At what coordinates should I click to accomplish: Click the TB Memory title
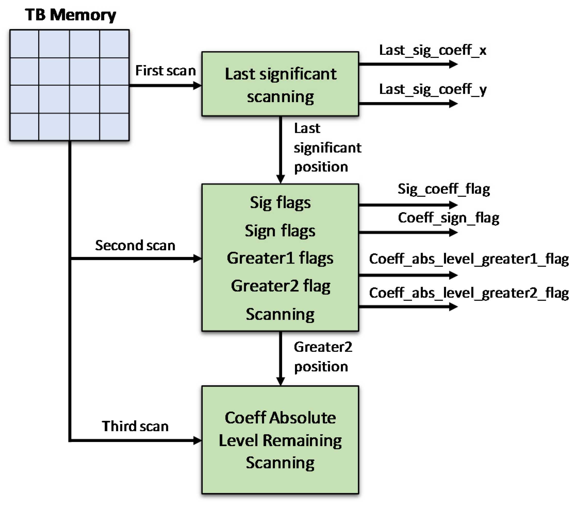pyautogui.click(x=70, y=15)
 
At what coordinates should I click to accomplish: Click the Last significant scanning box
pyautogui.click(x=280, y=84)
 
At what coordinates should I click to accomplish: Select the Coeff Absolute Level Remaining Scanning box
pyautogui.click(x=280, y=440)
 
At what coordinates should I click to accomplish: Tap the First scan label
pyautogui.click(x=165, y=71)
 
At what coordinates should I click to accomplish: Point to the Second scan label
pyautogui.click(x=135, y=245)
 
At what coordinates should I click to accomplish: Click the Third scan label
pyautogui.click(x=135, y=426)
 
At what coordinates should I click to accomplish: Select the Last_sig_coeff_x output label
pyautogui.click(x=432, y=50)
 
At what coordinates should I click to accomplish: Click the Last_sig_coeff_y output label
pyautogui.click(x=432, y=89)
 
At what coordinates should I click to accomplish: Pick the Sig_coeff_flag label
pyautogui.click(x=443, y=189)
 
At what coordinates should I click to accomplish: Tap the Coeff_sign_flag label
pyautogui.click(x=448, y=218)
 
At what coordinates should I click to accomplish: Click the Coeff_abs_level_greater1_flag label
pyautogui.click(x=469, y=259)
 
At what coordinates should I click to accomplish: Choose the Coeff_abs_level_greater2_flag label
pyautogui.click(x=469, y=293)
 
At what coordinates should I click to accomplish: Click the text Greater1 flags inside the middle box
pyautogui.click(x=280, y=258)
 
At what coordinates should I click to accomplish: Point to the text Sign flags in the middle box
pyautogui.click(x=280, y=231)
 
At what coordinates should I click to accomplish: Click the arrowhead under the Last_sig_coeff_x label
pyautogui.click(x=453, y=64)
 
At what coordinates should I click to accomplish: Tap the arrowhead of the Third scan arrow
pyautogui.click(x=198, y=440)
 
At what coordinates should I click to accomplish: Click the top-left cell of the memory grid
pyautogui.click(x=24, y=44)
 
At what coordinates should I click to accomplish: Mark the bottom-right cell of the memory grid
pyautogui.click(x=114, y=127)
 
